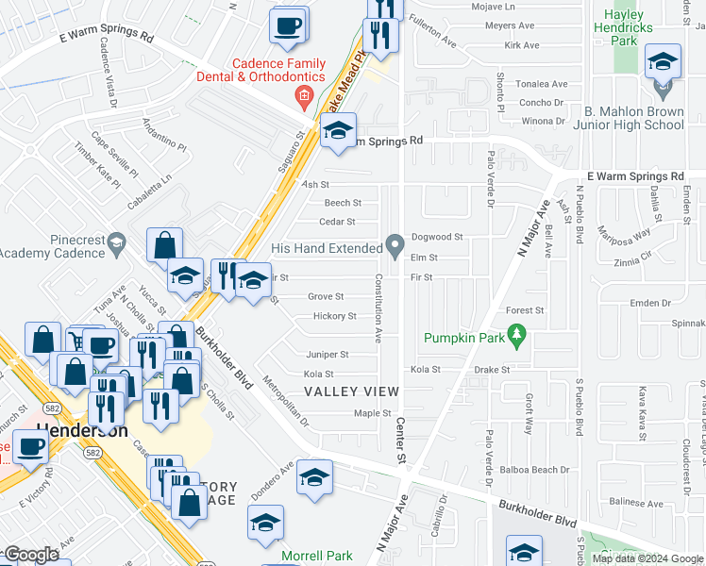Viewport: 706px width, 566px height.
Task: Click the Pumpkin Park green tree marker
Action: pyautogui.click(x=515, y=335)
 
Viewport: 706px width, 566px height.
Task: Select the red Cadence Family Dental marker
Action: pyautogui.click(x=304, y=95)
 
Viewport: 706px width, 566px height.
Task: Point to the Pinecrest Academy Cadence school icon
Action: pyautogui.click(x=116, y=243)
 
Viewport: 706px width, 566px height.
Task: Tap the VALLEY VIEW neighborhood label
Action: pyautogui.click(x=351, y=391)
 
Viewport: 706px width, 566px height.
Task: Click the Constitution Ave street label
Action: pyautogui.click(x=378, y=308)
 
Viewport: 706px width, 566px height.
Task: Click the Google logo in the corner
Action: pyautogui.click(x=31, y=555)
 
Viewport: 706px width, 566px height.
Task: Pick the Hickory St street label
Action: pyautogui.click(x=334, y=317)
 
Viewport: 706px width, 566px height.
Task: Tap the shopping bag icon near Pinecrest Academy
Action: pyautogui.click(x=164, y=245)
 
